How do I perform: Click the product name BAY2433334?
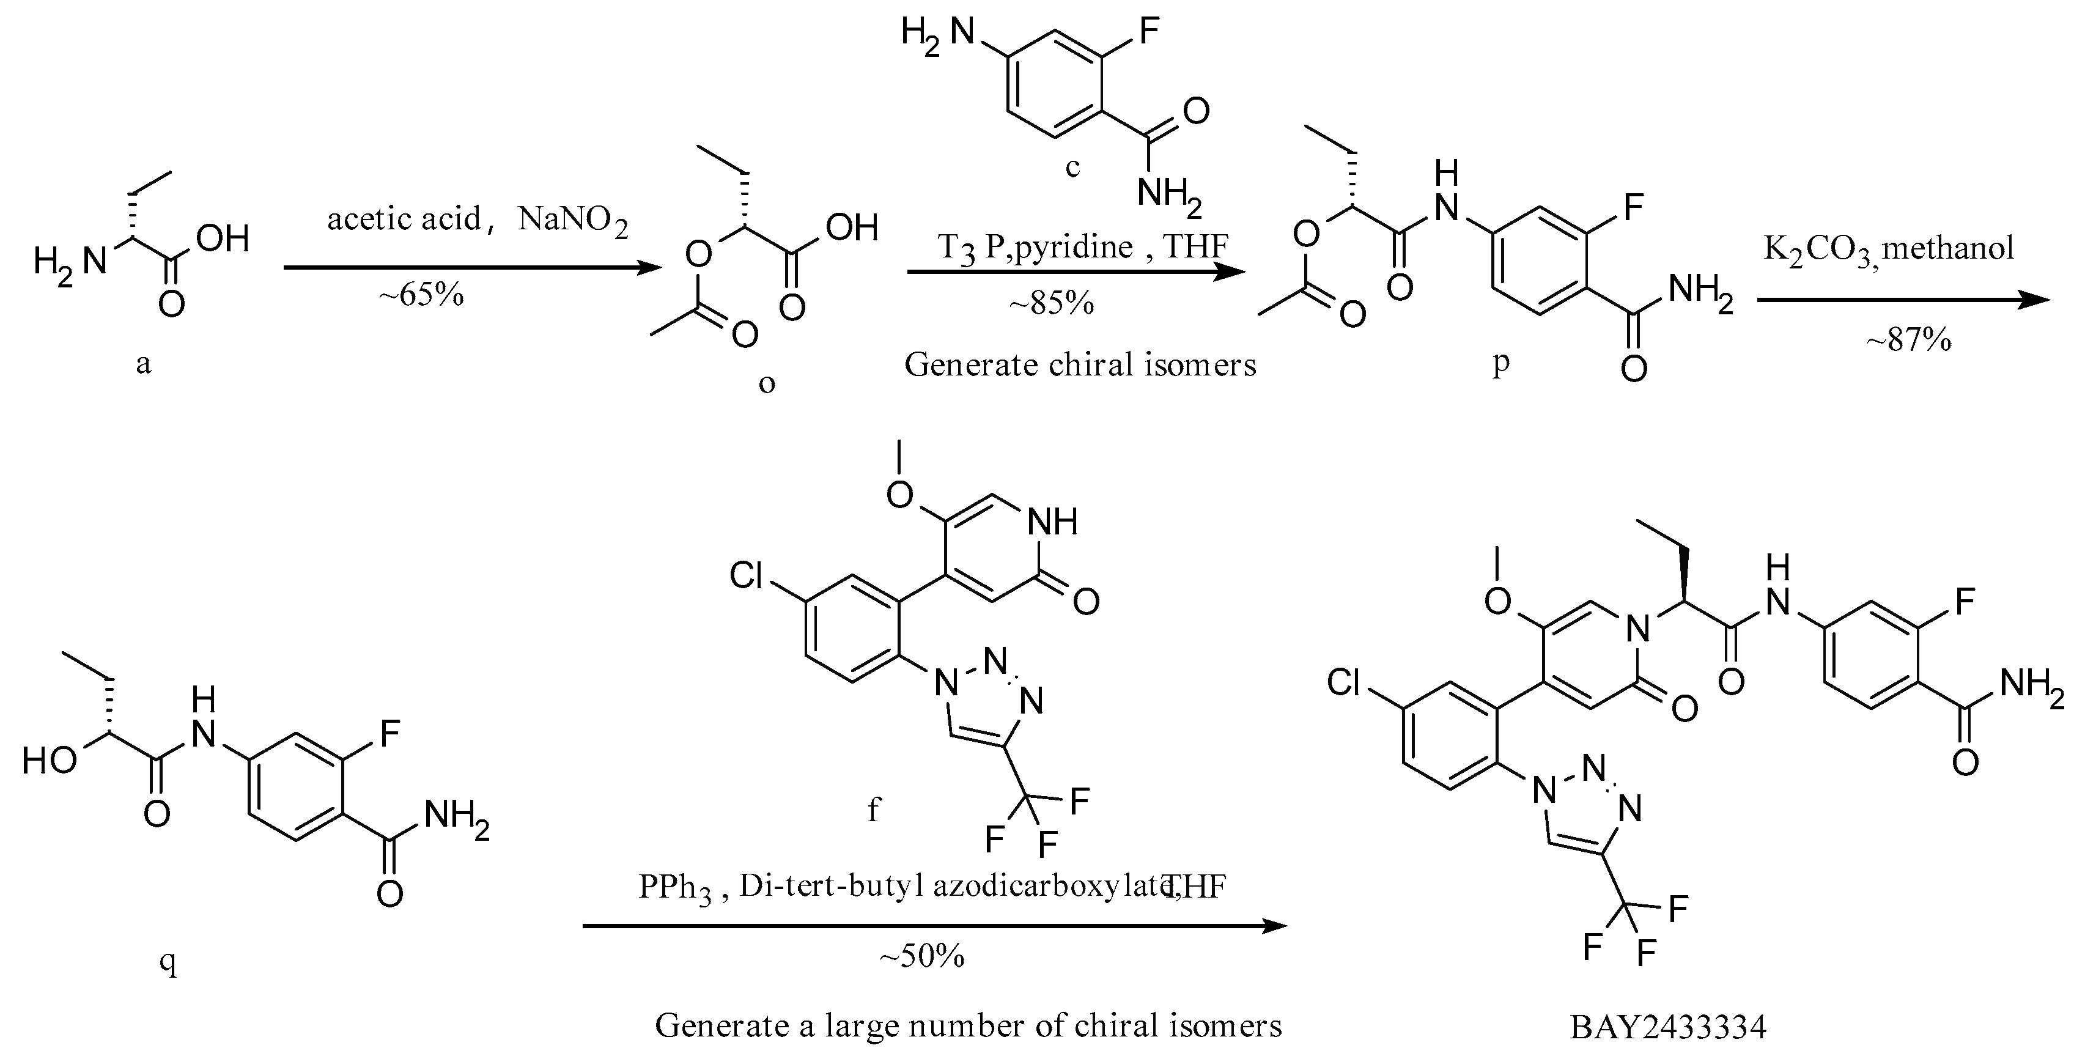1667,1027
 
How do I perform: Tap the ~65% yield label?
421,295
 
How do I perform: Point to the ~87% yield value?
1908,341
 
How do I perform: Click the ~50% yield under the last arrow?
922,956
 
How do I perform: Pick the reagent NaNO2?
572,221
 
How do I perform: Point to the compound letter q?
168,963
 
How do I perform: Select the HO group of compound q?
50,761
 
